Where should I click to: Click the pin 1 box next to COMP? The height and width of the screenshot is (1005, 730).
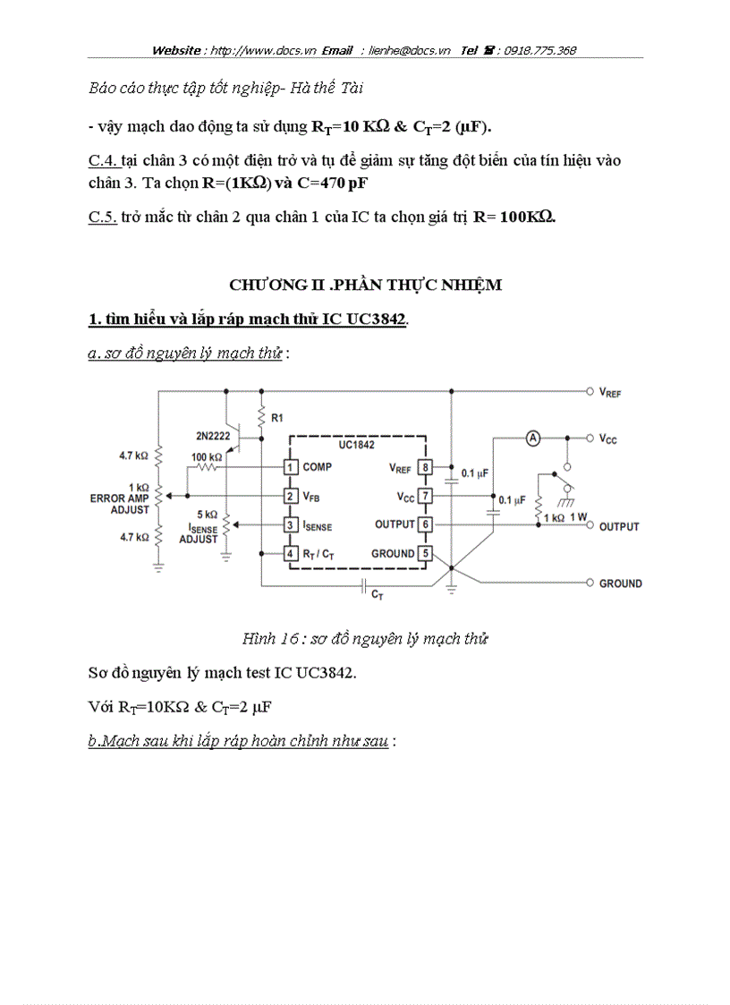pos(291,466)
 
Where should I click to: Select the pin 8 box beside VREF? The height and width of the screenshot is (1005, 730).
pos(425,466)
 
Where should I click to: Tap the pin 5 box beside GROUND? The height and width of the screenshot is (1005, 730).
pos(425,553)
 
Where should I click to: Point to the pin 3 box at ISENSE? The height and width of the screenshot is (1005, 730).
pos(291,524)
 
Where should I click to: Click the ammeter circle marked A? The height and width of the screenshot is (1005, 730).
pos(532,438)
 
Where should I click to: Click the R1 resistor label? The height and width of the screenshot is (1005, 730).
pos(277,417)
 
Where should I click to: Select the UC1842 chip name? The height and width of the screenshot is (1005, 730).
pos(357,445)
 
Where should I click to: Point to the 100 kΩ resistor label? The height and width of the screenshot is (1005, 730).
pos(207,457)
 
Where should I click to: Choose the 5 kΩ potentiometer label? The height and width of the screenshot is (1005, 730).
pos(208,515)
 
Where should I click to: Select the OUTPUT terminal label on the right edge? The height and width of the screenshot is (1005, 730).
pos(619,526)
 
